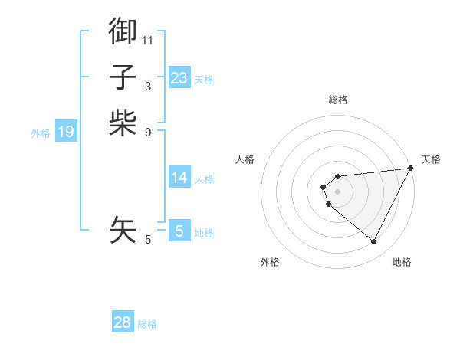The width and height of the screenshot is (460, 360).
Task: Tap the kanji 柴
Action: pyautogui.click(x=123, y=122)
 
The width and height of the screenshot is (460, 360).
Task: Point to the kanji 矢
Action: pyautogui.click(x=123, y=229)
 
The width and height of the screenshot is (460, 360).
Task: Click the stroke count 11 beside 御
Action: pyautogui.click(x=148, y=39)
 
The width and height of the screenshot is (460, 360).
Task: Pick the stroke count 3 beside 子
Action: pyautogui.click(x=148, y=86)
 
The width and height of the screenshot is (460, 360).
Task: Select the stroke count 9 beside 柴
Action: pyautogui.click(x=148, y=131)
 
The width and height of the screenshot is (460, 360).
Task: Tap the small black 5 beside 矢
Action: pyautogui.click(x=148, y=240)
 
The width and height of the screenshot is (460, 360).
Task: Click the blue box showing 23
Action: pyautogui.click(x=179, y=78)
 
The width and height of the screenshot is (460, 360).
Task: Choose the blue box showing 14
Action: pyautogui.click(x=179, y=178)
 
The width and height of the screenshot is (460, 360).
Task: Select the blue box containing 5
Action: pyautogui.click(x=179, y=231)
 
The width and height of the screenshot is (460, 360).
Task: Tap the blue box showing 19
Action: pyautogui.click(x=66, y=132)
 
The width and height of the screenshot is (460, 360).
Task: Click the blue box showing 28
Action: pyautogui.click(x=123, y=322)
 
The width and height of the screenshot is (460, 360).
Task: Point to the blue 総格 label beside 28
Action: pyautogui.click(x=147, y=324)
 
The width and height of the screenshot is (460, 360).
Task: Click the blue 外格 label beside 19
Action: pyautogui.click(x=41, y=133)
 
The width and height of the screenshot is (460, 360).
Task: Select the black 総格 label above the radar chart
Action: pyautogui.click(x=338, y=100)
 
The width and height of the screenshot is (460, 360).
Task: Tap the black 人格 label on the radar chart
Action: pyautogui.click(x=245, y=159)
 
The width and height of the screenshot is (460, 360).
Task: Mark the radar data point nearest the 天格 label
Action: pyautogui.click(x=411, y=169)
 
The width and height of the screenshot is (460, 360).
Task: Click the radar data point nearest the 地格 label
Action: pyautogui.click(x=374, y=241)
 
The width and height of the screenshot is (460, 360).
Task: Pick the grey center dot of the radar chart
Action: pyautogui.click(x=338, y=191)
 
